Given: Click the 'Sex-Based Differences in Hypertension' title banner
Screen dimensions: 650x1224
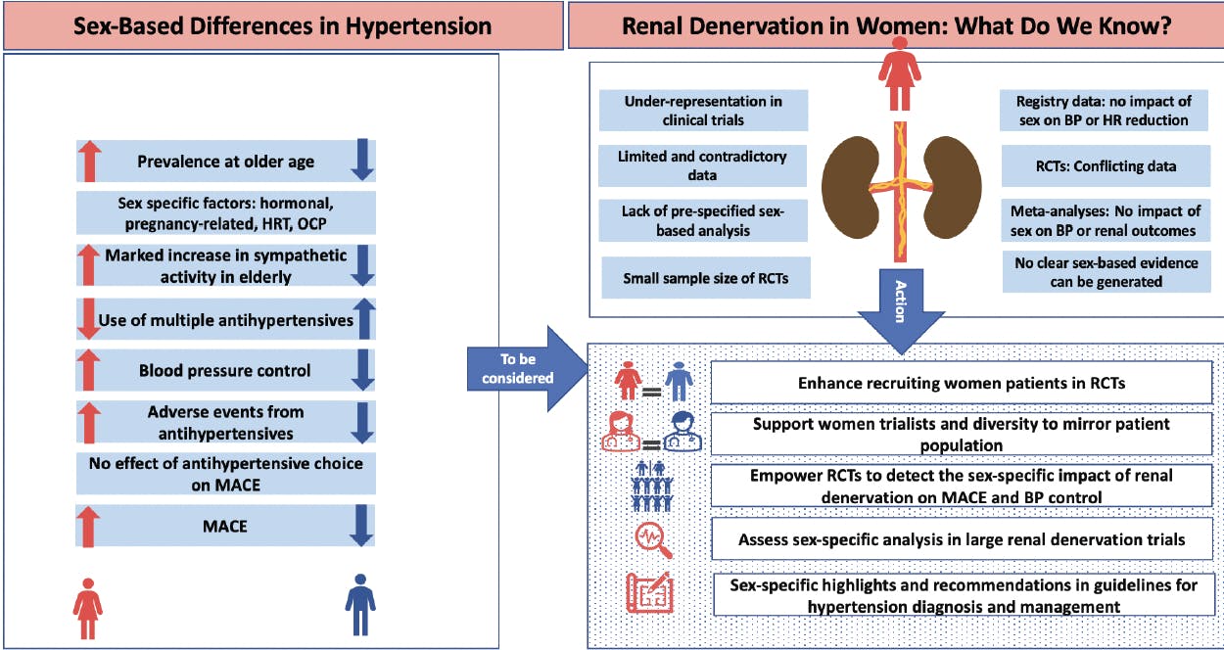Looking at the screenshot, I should coord(282,25).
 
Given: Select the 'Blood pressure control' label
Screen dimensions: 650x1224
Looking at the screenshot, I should coord(225,371).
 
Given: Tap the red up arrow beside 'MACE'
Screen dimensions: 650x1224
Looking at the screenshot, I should coord(89,527).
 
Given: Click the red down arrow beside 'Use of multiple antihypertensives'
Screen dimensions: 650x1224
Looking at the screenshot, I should coord(89,319).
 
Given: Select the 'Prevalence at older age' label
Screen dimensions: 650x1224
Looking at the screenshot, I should coord(225,162).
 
